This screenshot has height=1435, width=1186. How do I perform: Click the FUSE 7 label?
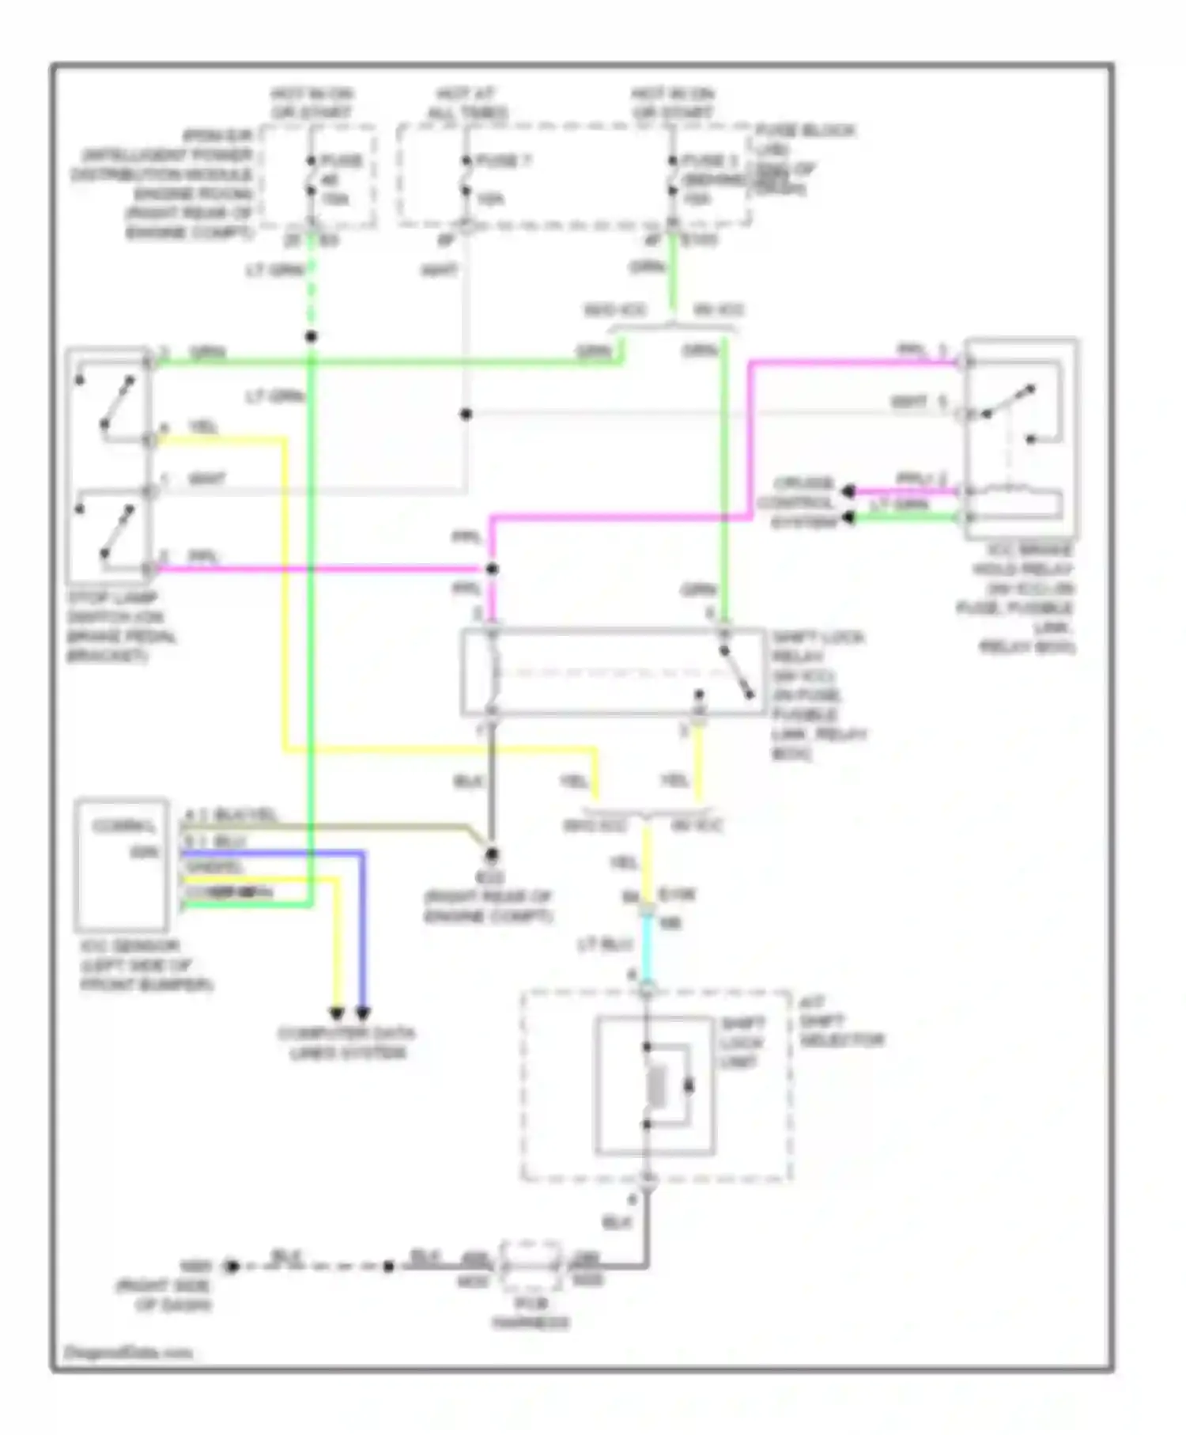coord(504,161)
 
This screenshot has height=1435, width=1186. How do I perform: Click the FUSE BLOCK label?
coord(805,131)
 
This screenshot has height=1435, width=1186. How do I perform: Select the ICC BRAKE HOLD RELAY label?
coord(1025,598)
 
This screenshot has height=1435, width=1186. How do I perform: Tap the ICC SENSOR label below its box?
coord(146,965)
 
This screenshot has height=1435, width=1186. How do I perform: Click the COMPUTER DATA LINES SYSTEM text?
coord(347,1043)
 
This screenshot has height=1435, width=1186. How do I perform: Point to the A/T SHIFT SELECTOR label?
coord(840,1021)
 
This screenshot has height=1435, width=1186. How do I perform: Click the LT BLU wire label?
coord(605,945)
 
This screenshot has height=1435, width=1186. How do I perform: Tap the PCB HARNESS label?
coord(531,1313)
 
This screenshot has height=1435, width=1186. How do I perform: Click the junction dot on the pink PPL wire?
coord(491,569)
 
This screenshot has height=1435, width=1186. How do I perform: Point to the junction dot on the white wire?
coord(466,414)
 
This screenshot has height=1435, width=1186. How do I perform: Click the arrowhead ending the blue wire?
coord(363,1013)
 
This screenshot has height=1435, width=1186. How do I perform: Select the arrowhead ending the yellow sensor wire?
coord(337,1013)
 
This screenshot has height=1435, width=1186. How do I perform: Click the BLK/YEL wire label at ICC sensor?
coord(245,814)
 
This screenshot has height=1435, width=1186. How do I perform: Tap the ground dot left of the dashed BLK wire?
coord(232,1267)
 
